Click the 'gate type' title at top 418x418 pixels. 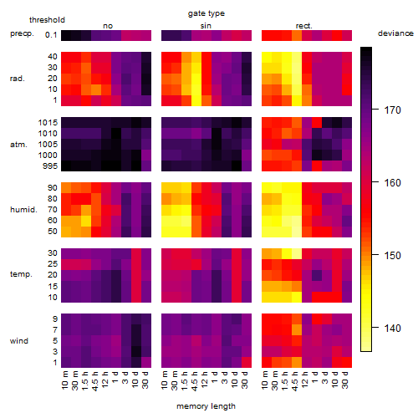[x=206, y=13]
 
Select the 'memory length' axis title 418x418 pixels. [x=206, y=406]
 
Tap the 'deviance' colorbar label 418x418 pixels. [x=395, y=33]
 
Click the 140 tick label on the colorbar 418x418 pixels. [x=392, y=328]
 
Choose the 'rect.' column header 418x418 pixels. [x=303, y=26]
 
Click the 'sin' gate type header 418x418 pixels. [x=206, y=26]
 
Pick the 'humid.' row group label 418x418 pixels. [x=23, y=210]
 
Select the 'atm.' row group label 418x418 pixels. [x=18, y=145]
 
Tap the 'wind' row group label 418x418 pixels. [x=19, y=341]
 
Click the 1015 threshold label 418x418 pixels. [x=48, y=123]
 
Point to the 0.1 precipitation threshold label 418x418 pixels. [x=51, y=35]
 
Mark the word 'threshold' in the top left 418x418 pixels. [x=47, y=20]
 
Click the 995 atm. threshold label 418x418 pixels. [x=50, y=166]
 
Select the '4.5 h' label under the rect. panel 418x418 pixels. [x=295, y=381]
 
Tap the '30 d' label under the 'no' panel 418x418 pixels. [x=145, y=380]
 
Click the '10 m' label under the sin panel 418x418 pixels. [x=165, y=380]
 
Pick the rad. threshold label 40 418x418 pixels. [x=53, y=57]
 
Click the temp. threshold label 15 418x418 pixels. [x=53, y=287]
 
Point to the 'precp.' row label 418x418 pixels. [x=22, y=33]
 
